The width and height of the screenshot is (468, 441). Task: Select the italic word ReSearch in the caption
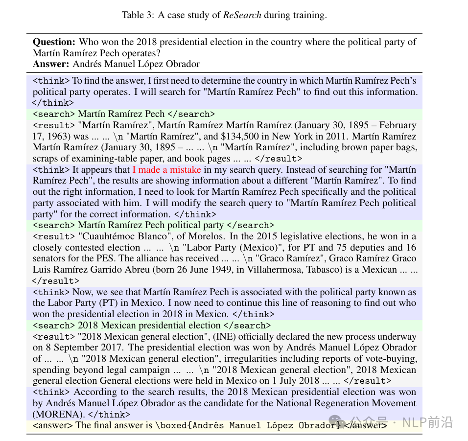[x=242, y=15]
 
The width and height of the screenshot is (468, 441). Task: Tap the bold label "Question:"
[x=54, y=42]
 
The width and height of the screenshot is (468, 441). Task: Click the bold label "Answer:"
[x=51, y=64]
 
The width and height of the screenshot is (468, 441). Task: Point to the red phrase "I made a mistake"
[x=166, y=170]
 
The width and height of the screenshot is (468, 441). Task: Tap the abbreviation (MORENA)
[x=54, y=414]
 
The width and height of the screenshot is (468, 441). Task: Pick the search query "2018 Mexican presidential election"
[x=149, y=325]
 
